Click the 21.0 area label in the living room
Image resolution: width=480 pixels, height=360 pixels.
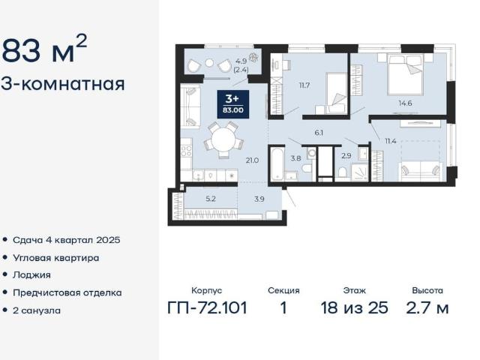(252, 160)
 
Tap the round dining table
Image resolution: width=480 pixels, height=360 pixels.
(223, 139)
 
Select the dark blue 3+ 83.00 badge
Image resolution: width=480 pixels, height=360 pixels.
(233, 104)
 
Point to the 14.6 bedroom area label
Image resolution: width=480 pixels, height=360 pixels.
(405, 103)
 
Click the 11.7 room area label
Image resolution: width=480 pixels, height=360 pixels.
(304, 85)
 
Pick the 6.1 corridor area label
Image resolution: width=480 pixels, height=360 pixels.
(319, 133)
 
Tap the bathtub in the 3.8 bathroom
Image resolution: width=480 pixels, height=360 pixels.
(277, 164)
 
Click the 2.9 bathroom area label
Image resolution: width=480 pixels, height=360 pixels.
(346, 156)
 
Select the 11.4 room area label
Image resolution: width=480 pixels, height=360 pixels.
(391, 141)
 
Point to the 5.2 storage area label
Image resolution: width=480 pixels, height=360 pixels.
(211, 199)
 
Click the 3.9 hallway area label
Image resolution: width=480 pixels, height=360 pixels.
(259, 199)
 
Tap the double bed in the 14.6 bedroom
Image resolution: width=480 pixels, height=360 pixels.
(405, 74)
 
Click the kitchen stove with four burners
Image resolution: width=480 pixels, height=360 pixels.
(186, 151)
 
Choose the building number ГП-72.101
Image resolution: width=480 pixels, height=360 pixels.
(207, 307)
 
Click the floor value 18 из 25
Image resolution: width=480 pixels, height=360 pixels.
(354, 307)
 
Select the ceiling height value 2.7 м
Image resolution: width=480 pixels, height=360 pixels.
(427, 307)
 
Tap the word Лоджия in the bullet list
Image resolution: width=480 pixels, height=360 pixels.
(31, 275)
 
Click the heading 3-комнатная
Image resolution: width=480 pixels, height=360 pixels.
(63, 84)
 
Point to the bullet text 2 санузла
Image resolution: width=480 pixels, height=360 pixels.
(37, 310)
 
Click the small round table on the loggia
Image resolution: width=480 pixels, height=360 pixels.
(209, 63)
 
